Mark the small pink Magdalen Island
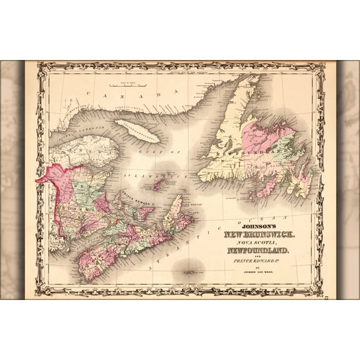click(160, 183)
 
